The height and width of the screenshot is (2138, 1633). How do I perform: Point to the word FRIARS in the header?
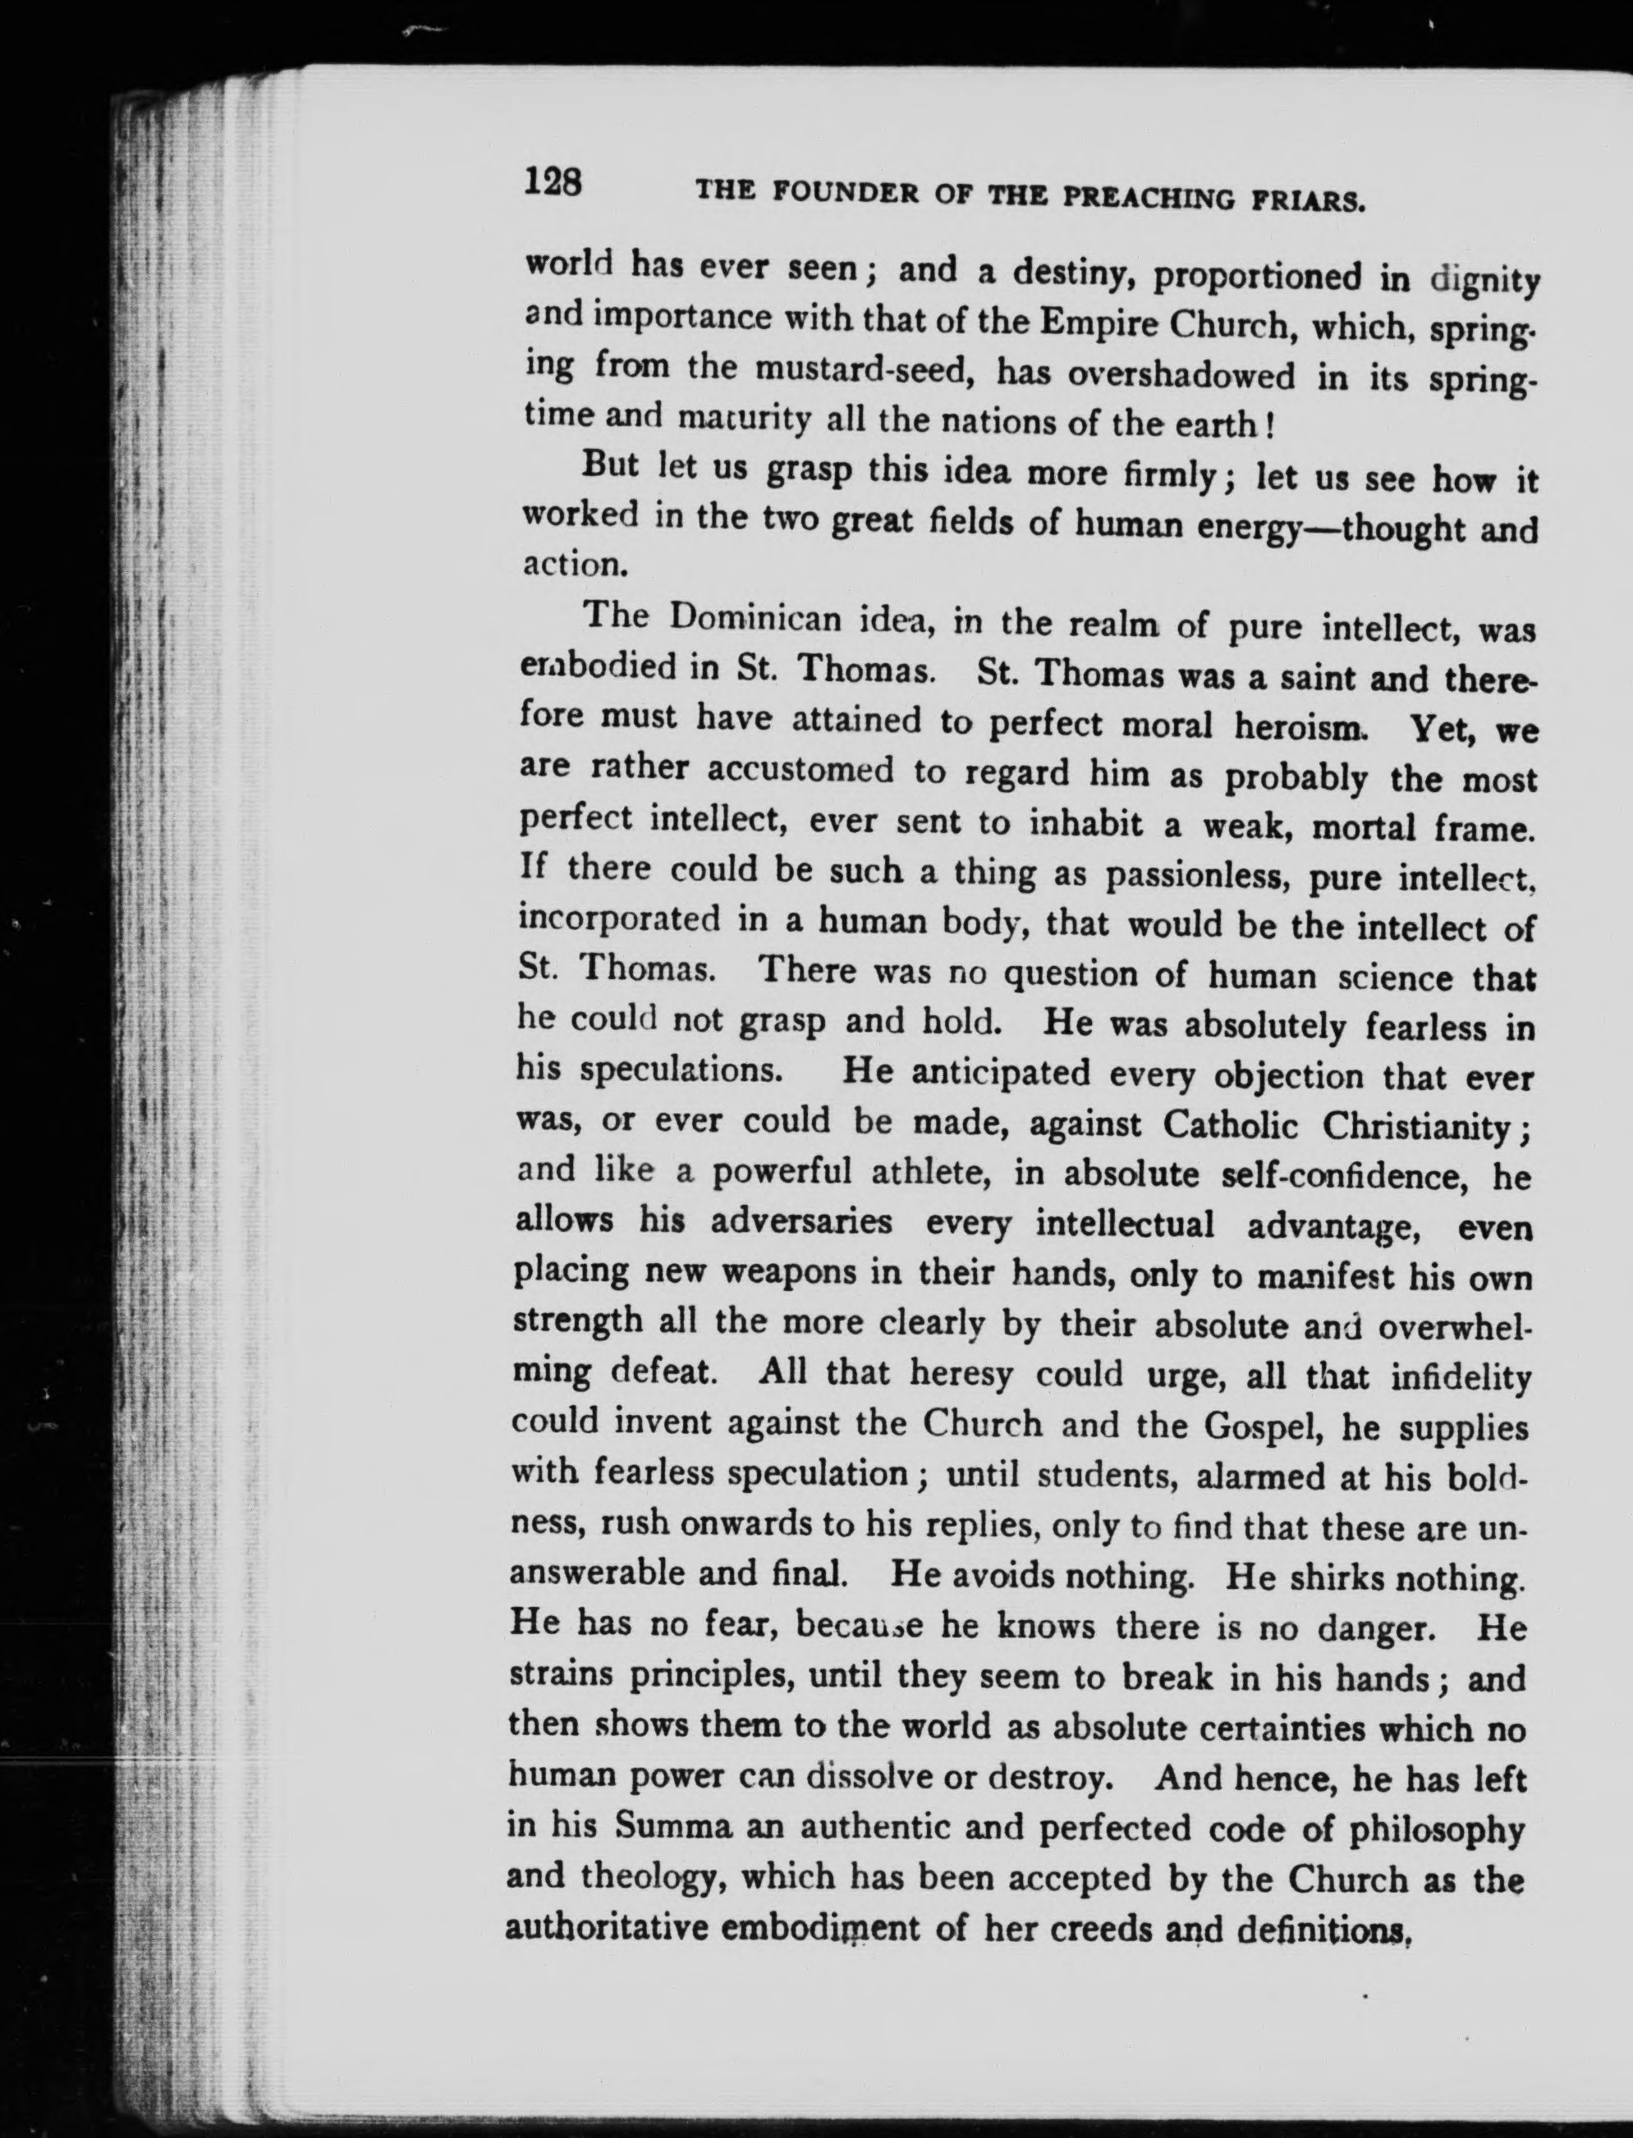[1309, 201]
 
